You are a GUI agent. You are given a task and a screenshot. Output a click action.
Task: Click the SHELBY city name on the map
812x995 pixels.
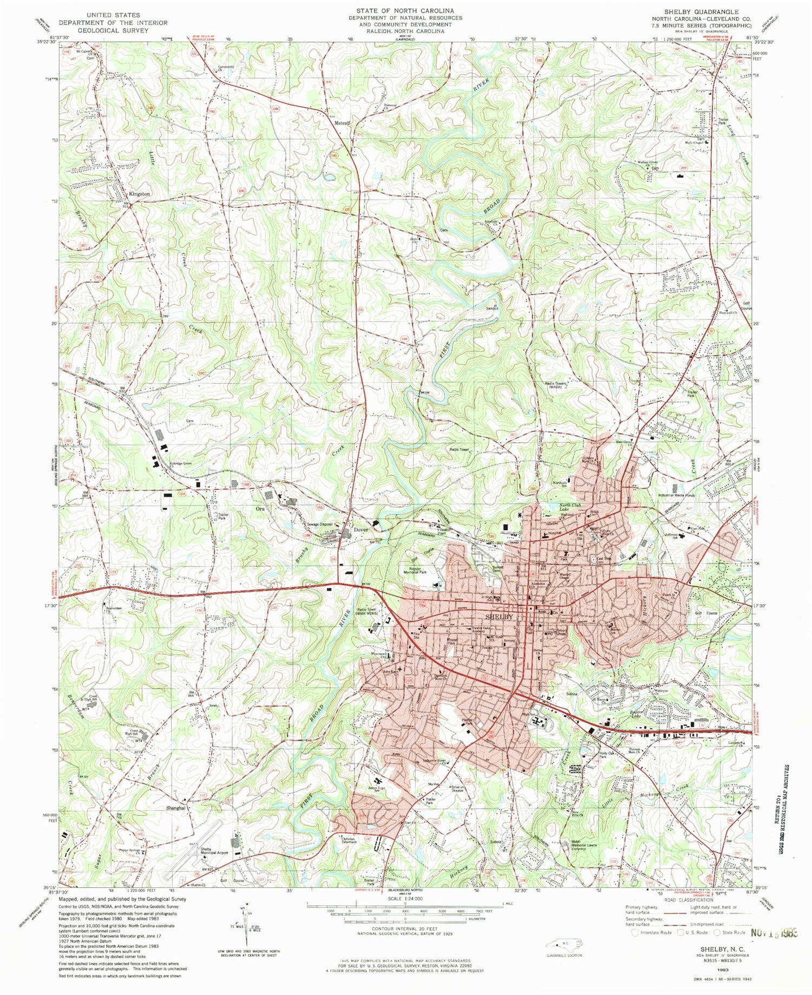[497, 617]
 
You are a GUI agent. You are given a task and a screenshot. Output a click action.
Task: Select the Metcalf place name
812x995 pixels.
[342, 122]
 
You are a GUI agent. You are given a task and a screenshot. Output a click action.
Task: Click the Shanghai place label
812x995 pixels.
[176, 807]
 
